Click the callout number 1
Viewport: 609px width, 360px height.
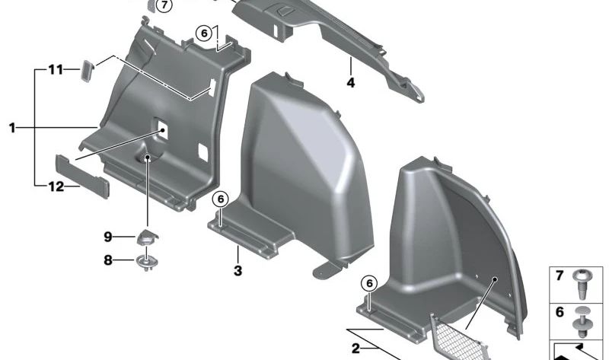[12, 129]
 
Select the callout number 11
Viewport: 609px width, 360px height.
[55, 70]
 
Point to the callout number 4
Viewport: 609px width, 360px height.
[351, 82]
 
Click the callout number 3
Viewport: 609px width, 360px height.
[238, 270]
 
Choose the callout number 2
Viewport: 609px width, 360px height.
[356, 348]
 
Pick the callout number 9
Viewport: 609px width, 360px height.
[108, 237]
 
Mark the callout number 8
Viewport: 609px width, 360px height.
[108, 260]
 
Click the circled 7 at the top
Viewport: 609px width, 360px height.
[164, 6]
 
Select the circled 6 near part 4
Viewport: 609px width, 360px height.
[202, 33]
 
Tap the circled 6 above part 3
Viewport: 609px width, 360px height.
[219, 199]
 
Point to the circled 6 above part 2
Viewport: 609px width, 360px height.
[369, 282]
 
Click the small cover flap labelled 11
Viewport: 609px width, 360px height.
[86, 71]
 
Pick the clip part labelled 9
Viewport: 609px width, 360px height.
[145, 237]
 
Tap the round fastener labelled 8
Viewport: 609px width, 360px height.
[145, 263]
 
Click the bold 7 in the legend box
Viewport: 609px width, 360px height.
[560, 276]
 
